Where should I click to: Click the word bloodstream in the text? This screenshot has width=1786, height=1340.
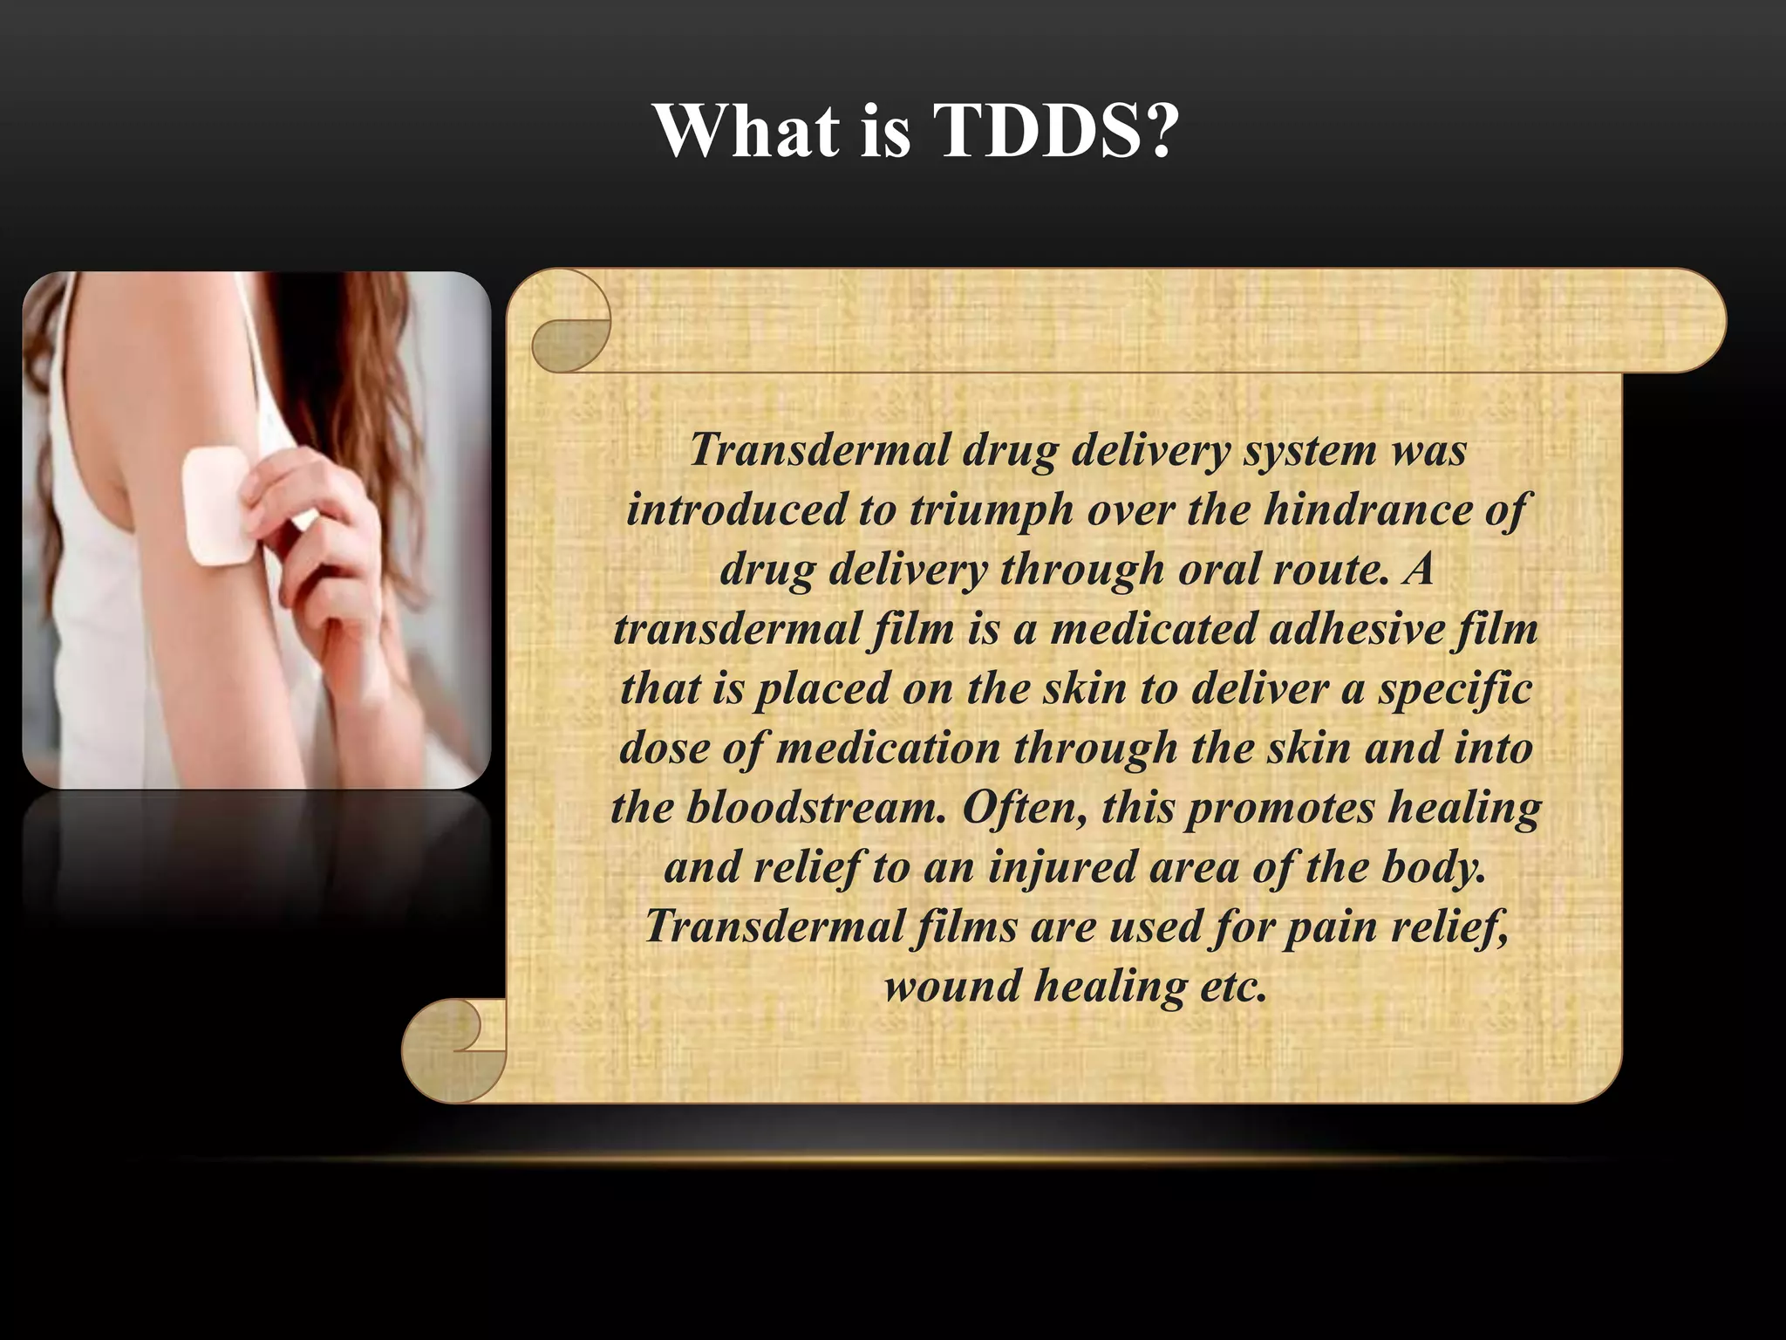pos(815,807)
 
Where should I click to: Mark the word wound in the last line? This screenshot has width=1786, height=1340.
pos(951,987)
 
